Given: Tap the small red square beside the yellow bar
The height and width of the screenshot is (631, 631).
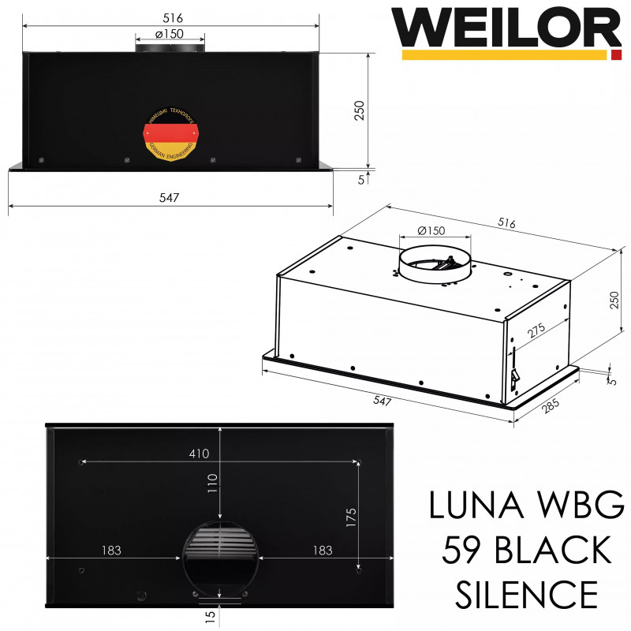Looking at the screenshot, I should point(616,55).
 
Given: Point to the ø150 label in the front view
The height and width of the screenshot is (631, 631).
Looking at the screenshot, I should point(170,34).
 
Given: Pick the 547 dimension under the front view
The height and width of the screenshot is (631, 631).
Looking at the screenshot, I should point(169,197).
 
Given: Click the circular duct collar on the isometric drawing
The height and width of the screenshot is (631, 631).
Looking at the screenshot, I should point(433,267).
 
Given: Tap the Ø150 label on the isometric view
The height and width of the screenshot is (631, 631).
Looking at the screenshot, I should point(431,230).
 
